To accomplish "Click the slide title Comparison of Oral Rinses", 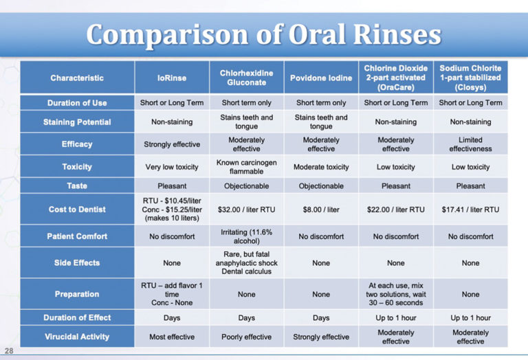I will coord(263,34).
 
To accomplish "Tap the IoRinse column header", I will coord(170,78).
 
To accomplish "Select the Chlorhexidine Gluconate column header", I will coord(246,78).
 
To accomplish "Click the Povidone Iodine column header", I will coord(321,78).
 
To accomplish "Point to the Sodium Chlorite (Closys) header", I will coord(470,78).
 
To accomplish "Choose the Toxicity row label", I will coord(77,167).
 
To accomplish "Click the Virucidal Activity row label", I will coord(77,337).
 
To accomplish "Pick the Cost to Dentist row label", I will coord(77,210).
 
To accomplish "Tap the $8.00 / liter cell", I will coord(321,210).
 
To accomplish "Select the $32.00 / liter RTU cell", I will coord(246,210).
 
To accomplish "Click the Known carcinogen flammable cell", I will coord(246,167).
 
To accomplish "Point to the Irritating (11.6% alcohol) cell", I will coord(246,236).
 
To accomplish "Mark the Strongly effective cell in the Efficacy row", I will coord(170,144).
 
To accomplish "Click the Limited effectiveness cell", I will coord(470,144).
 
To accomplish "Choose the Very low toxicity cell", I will coord(170,167).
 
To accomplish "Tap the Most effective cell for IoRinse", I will coord(170,337).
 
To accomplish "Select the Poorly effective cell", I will coord(246,337).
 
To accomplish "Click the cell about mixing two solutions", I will coord(395,294).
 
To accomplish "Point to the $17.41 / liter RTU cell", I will coord(470,210).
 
